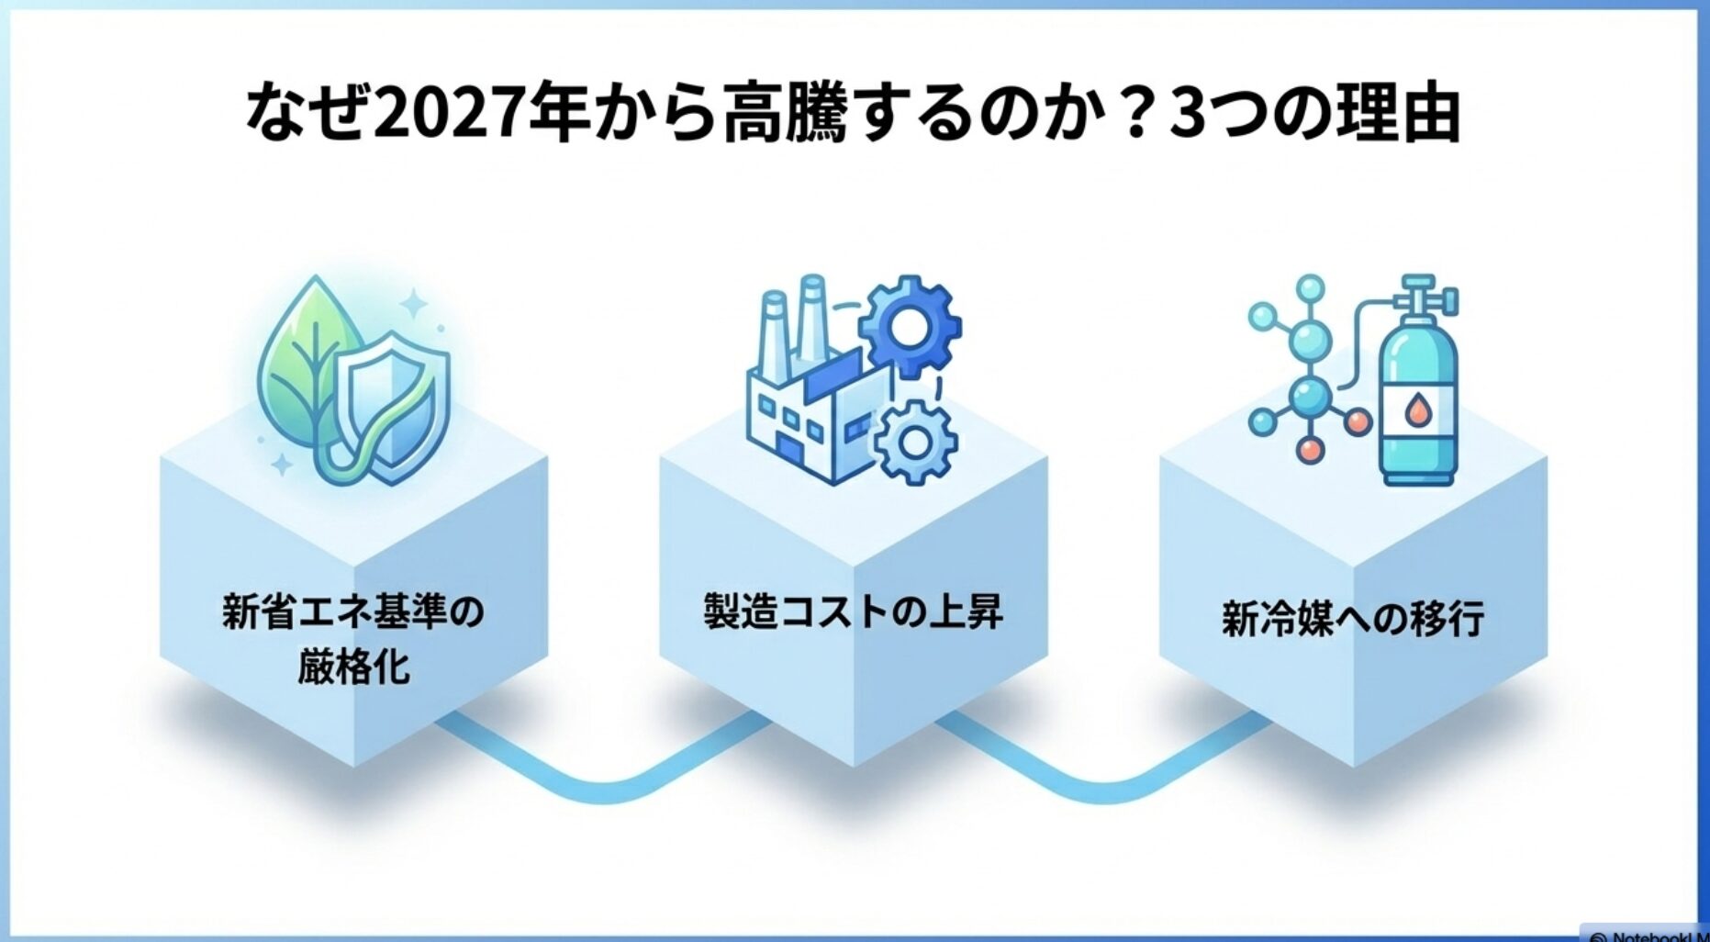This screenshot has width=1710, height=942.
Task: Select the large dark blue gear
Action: (x=909, y=326)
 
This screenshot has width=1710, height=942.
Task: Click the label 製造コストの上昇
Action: (x=854, y=611)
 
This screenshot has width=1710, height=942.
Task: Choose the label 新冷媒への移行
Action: (x=1353, y=619)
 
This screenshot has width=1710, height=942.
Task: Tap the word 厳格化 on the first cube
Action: (x=353, y=667)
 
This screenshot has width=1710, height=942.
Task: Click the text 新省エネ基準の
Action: (x=353, y=612)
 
